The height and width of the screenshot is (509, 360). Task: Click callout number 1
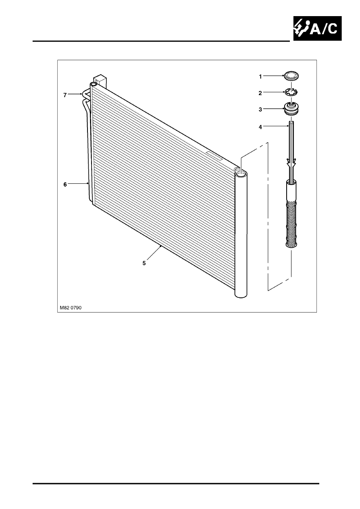[x=260, y=77]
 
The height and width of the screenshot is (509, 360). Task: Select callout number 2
[x=260, y=93]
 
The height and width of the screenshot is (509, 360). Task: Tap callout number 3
[x=260, y=110]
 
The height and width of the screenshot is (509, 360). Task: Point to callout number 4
[x=260, y=127]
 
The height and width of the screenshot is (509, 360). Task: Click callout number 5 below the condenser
[x=144, y=263]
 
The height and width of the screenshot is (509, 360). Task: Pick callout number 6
[x=65, y=185]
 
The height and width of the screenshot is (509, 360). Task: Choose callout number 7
[x=65, y=95]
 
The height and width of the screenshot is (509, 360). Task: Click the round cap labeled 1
[x=291, y=75]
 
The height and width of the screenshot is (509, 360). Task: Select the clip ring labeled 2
[x=291, y=92]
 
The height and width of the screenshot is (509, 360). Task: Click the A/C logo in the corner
[x=318, y=28]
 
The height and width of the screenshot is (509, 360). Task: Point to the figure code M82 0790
[x=71, y=308]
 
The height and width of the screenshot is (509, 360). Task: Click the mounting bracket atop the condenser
[x=101, y=81]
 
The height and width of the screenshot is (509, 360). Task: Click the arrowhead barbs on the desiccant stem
[x=291, y=162]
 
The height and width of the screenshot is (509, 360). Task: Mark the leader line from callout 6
[x=78, y=183]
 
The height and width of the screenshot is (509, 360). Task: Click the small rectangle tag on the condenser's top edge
[x=214, y=156]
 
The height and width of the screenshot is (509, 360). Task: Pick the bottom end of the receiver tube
[x=241, y=296]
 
